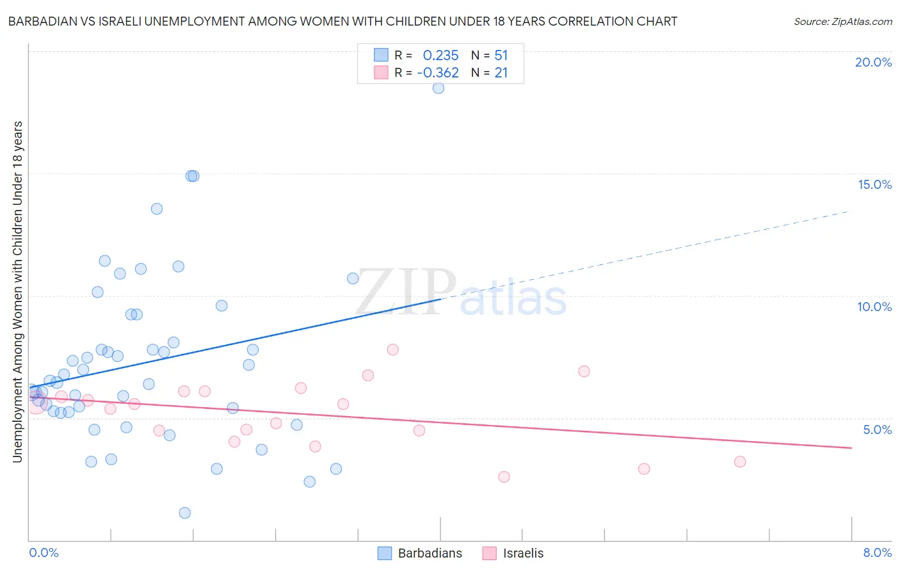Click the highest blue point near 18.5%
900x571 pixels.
point(438,88)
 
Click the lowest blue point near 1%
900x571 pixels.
point(185,513)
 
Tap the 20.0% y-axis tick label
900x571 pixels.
point(873,62)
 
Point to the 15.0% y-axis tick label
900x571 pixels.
point(874,184)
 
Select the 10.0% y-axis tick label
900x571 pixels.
point(874,307)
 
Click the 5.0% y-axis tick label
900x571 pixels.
point(877,430)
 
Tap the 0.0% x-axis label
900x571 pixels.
point(44,552)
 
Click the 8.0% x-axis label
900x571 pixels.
point(877,552)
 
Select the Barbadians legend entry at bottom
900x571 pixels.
point(420,553)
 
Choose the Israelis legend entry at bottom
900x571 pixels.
point(513,553)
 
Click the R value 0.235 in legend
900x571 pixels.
point(440,56)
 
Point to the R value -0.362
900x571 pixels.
point(438,73)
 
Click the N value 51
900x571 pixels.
point(501,56)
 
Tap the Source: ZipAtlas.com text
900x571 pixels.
point(842,22)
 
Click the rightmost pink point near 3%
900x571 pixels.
point(740,462)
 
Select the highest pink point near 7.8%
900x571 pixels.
point(393,350)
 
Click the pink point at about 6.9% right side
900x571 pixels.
point(584,371)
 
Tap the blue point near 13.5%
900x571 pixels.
point(157,209)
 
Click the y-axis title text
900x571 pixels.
point(17,291)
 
